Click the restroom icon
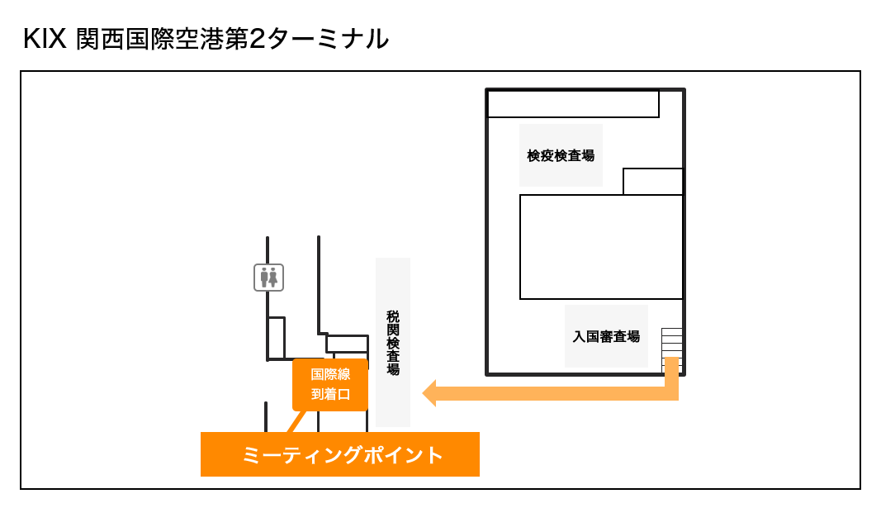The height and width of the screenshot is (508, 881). point(268,278)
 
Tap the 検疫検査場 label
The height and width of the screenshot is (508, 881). point(561,155)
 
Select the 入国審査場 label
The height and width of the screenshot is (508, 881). point(606,336)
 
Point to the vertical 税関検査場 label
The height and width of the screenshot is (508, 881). point(393,342)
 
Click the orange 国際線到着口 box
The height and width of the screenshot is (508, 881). point(330,384)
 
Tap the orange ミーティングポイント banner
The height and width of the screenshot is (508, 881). point(340,454)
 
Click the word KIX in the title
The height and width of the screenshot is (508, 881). point(45,39)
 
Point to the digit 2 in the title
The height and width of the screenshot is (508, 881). point(257,39)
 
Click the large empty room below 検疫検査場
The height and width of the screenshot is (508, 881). point(601,246)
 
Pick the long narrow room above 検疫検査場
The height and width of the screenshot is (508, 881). point(573,104)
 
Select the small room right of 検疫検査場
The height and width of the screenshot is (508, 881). point(652,181)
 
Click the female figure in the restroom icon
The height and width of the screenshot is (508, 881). point(273,278)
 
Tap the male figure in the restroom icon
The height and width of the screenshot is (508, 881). point(264,278)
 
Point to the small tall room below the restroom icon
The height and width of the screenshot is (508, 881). point(277,337)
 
